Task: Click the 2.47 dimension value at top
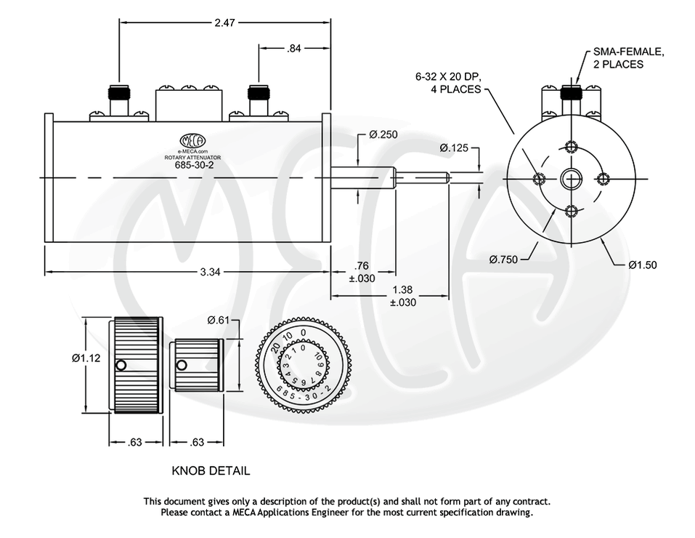pyautogui.click(x=224, y=23)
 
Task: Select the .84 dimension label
pyautogui.click(x=294, y=49)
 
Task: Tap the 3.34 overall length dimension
pyautogui.click(x=211, y=272)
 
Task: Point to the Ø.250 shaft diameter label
pyautogui.click(x=383, y=134)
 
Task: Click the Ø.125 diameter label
pyautogui.click(x=454, y=148)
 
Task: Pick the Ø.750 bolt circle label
pyautogui.click(x=503, y=260)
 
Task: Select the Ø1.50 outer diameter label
pyautogui.click(x=642, y=265)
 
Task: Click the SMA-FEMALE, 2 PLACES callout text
pyautogui.click(x=627, y=58)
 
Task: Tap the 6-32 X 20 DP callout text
pyautogui.click(x=448, y=82)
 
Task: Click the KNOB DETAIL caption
pyautogui.click(x=211, y=471)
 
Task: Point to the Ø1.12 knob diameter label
pyautogui.click(x=85, y=358)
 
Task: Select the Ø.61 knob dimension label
pyautogui.click(x=219, y=321)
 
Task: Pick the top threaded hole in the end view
pyautogui.click(x=572, y=145)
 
